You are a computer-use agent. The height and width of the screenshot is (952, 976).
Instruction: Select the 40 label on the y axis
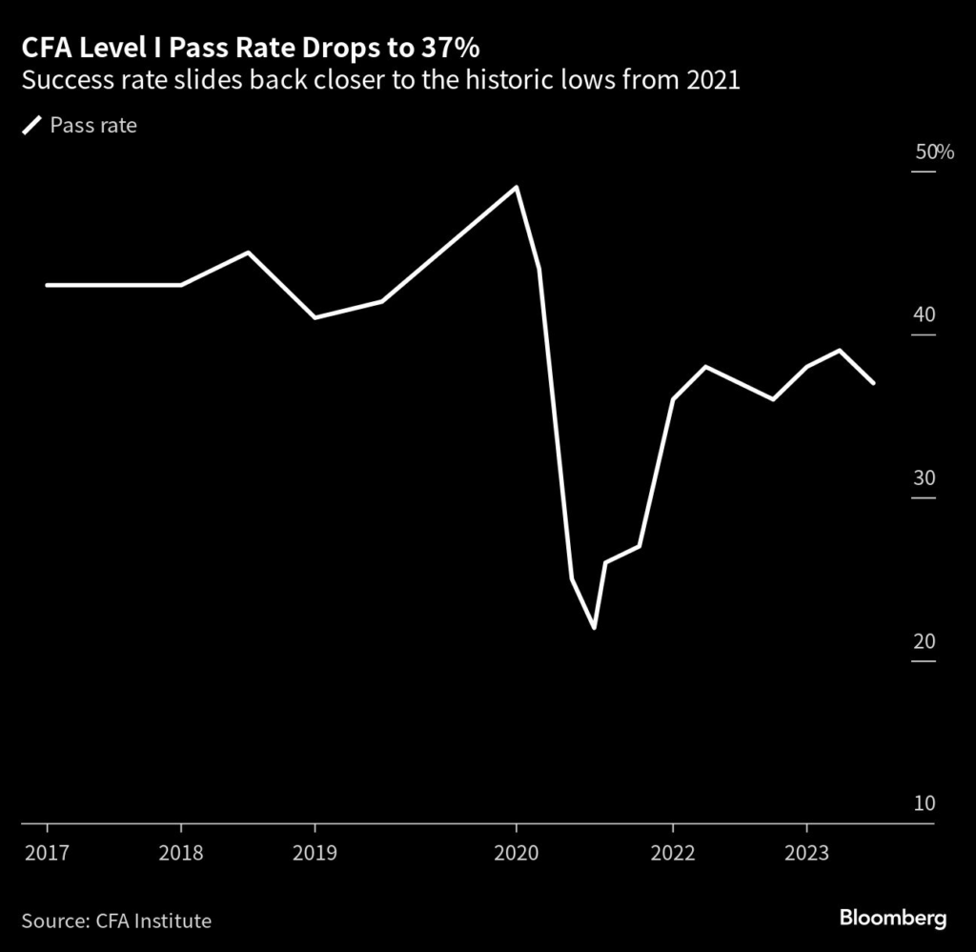925,315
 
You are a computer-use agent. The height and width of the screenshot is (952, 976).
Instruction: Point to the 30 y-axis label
925,478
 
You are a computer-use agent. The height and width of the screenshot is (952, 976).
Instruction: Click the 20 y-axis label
925,641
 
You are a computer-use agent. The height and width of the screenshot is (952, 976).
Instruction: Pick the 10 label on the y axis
925,804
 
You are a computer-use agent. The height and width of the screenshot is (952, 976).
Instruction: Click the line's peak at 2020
516,187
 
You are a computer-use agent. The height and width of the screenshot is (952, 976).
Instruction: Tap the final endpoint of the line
873,383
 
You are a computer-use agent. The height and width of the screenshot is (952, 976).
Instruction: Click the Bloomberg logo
892,919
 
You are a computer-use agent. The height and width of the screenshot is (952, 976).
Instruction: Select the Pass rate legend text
93,125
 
